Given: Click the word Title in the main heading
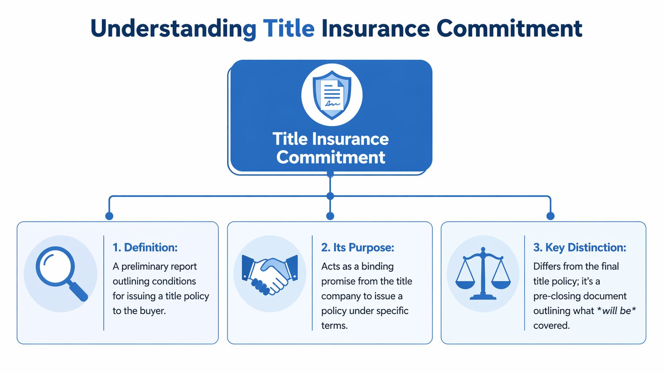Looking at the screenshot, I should (x=289, y=29).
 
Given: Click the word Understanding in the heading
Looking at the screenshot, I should (x=173, y=29).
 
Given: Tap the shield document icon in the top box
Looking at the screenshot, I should (x=332, y=95).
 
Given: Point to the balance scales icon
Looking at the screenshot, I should (x=483, y=273).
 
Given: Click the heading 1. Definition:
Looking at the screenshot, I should (x=145, y=248).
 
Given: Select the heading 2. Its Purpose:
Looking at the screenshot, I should (x=358, y=248).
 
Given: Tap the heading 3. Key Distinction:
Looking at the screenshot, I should (x=579, y=248).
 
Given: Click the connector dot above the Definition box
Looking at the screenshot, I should (x=109, y=216).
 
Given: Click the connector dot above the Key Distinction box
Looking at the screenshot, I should (x=550, y=216).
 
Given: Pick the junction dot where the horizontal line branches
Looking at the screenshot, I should (x=330, y=196).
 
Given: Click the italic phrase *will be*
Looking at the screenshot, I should (x=616, y=311).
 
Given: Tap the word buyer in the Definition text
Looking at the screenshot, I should (x=153, y=311).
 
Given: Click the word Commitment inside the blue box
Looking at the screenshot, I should (x=331, y=157).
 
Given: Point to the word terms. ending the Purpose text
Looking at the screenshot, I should (x=334, y=326).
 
